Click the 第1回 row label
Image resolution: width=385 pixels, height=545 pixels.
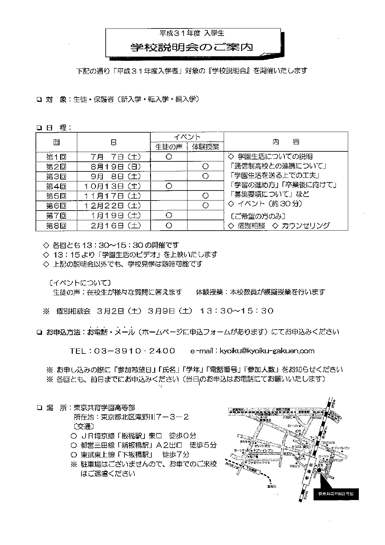tap(56, 157)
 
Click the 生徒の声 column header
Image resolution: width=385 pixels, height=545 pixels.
tap(169, 147)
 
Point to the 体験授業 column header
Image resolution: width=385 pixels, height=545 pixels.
tap(206, 147)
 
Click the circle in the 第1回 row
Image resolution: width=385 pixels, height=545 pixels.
tap(168, 157)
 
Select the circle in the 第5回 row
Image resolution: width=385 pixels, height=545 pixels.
tap(205, 196)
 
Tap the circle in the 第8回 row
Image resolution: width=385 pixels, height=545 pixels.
tap(168, 225)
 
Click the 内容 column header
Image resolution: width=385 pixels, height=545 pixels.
tap(286, 142)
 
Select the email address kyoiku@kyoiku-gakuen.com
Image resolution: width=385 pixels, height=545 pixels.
tap(267, 351)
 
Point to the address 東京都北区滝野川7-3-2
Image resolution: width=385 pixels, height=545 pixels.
tap(145, 417)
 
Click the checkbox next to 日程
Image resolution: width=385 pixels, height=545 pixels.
tap(39, 128)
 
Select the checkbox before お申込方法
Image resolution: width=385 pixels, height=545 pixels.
tap(39, 332)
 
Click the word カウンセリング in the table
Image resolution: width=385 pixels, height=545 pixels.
tap(305, 225)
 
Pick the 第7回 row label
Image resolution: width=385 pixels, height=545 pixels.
tap(56, 215)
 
